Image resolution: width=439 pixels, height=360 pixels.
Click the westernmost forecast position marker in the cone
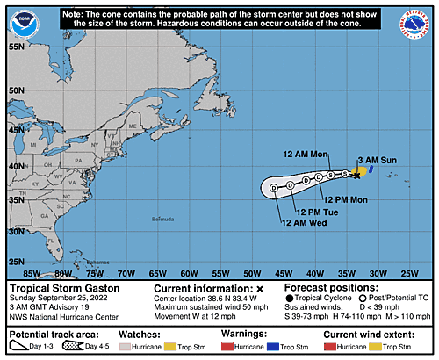275,187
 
